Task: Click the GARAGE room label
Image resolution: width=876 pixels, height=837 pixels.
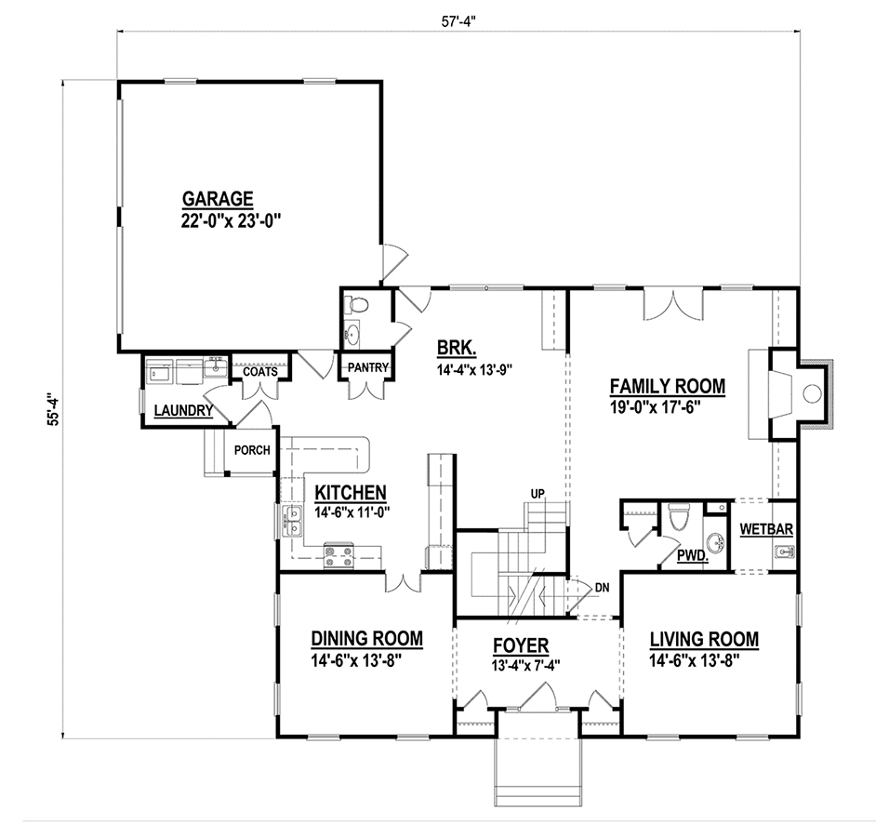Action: tap(218, 198)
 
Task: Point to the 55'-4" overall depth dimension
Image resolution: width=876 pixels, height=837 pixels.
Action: tap(53, 411)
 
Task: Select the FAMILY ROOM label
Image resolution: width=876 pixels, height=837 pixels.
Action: tap(668, 386)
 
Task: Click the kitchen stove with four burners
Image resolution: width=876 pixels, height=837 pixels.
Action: tap(338, 556)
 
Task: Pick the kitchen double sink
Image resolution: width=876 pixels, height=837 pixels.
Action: tap(292, 520)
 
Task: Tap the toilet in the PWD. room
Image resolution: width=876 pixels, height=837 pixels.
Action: tap(680, 516)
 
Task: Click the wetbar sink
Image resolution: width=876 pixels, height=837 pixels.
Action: tap(784, 552)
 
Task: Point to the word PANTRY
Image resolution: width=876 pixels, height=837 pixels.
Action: tap(367, 367)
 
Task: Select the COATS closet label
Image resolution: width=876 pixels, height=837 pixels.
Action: tap(260, 372)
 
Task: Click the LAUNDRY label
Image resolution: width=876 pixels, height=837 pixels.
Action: tap(183, 411)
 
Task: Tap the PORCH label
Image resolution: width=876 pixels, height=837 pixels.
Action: tap(252, 450)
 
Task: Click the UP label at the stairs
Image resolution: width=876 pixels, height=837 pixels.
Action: tap(538, 494)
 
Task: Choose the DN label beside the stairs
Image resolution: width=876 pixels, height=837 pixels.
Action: tap(602, 587)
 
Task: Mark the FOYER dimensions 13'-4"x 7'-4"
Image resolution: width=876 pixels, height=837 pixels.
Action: tap(525, 665)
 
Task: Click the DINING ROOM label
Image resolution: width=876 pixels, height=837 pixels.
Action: tap(366, 638)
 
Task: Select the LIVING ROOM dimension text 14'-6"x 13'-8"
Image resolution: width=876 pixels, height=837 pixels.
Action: tap(694, 660)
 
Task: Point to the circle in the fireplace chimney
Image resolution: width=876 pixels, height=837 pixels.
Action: tap(812, 393)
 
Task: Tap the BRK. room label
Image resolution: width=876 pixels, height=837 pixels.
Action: tap(457, 348)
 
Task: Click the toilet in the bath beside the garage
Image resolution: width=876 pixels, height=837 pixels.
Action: tap(356, 305)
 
